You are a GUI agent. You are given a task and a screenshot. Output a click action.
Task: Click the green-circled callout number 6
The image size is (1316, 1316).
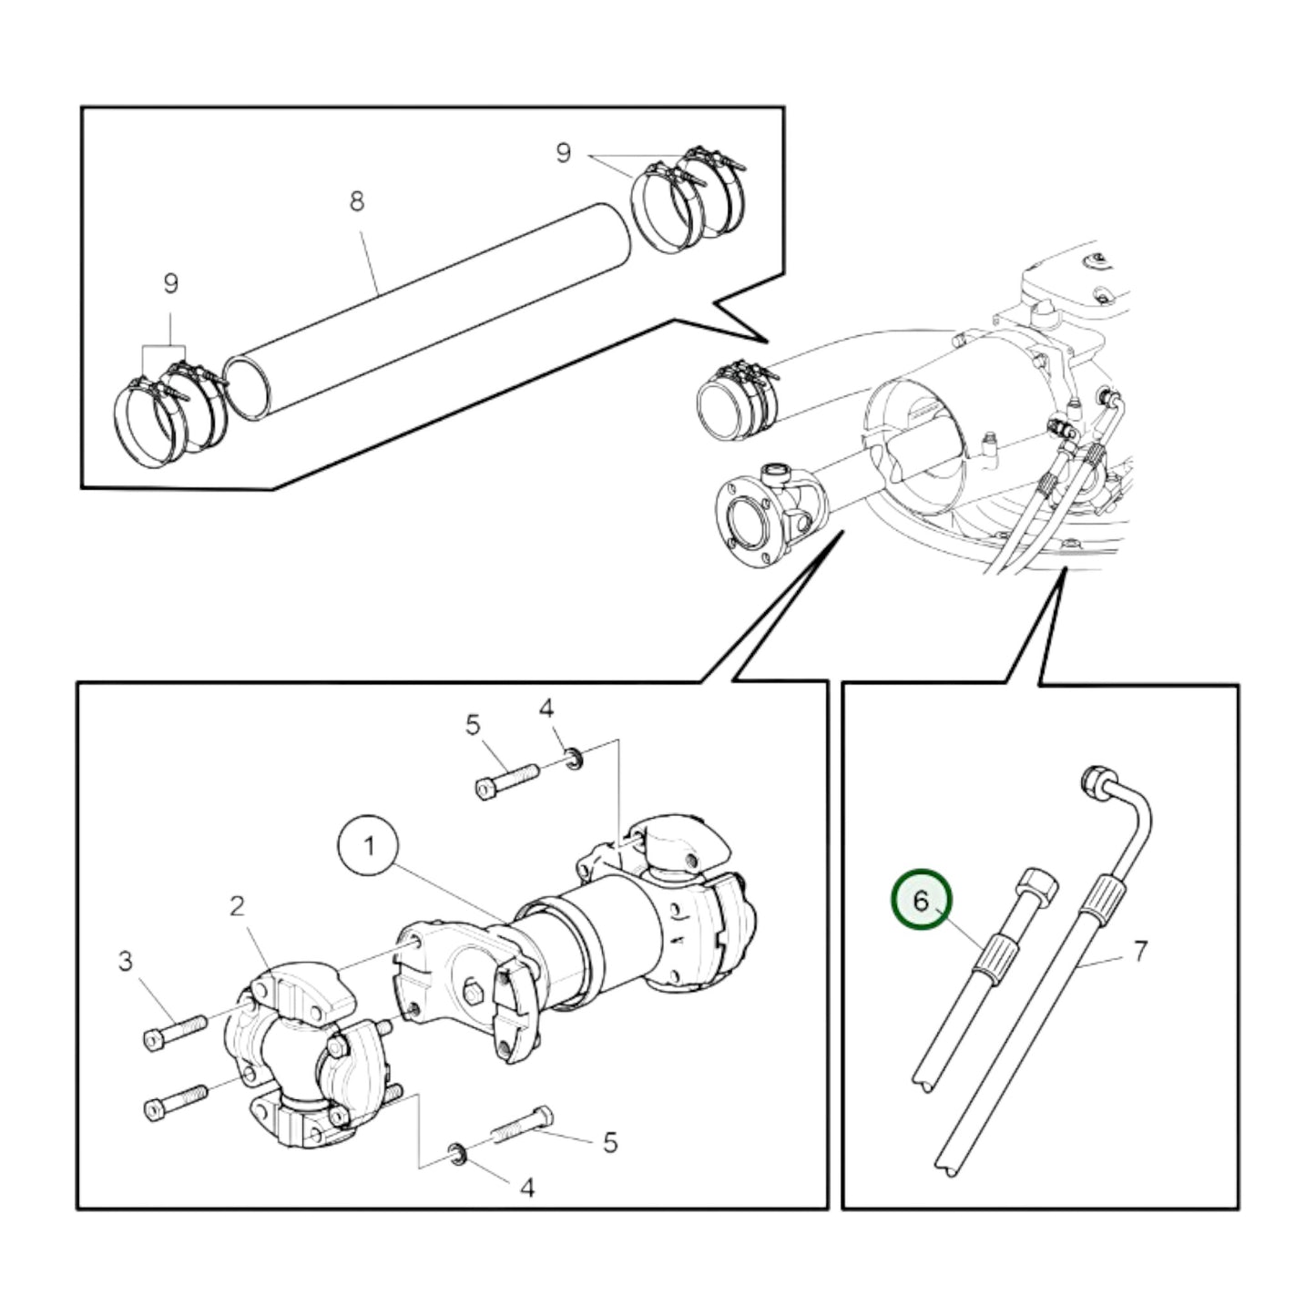pyautogui.click(x=921, y=901)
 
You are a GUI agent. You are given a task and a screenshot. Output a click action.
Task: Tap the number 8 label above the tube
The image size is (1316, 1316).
pyautogui.click(x=357, y=201)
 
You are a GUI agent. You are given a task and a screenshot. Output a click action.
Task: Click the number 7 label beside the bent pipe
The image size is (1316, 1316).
pyautogui.click(x=1140, y=952)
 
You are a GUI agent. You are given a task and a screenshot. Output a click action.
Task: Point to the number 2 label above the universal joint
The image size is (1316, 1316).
pyautogui.click(x=237, y=906)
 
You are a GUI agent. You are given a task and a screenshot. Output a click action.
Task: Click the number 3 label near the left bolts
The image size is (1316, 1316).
pyautogui.click(x=126, y=961)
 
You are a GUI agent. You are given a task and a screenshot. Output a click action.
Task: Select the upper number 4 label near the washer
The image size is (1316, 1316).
pyautogui.click(x=546, y=709)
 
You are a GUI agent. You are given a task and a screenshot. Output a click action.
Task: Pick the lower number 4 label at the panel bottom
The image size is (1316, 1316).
pyautogui.click(x=526, y=1187)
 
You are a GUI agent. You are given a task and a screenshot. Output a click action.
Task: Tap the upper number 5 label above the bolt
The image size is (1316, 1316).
pyautogui.click(x=472, y=726)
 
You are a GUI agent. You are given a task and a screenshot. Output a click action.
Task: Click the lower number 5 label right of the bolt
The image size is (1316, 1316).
pyautogui.click(x=610, y=1142)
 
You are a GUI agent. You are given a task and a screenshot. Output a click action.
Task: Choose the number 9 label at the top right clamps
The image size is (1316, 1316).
pyautogui.click(x=564, y=153)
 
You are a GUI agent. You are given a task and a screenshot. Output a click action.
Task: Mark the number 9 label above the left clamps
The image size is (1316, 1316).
pyautogui.click(x=170, y=284)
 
